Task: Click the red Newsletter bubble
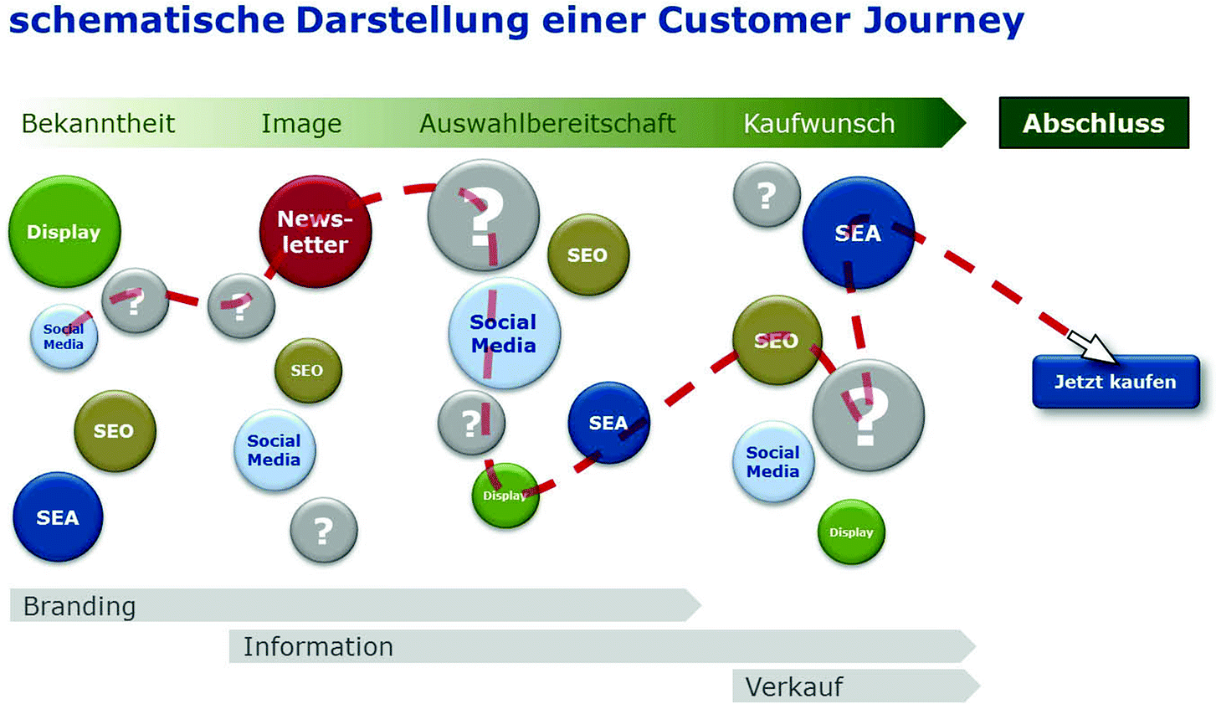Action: (315, 232)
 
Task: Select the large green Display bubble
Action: (64, 232)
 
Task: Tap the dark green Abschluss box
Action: (1093, 123)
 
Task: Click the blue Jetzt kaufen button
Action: (1115, 382)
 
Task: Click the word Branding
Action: (80, 606)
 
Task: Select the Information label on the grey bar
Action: (318, 646)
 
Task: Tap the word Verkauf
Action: (793, 686)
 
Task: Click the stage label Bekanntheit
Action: (98, 124)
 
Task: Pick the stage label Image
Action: (301, 124)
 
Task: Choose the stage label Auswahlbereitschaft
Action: (547, 124)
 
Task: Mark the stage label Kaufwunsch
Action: (818, 124)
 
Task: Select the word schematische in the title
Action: (146, 20)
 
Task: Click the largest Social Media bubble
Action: (504, 333)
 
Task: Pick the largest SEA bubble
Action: (858, 233)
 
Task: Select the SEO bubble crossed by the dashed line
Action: (776, 341)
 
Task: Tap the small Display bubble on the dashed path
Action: (505, 496)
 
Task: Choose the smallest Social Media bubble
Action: (64, 337)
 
